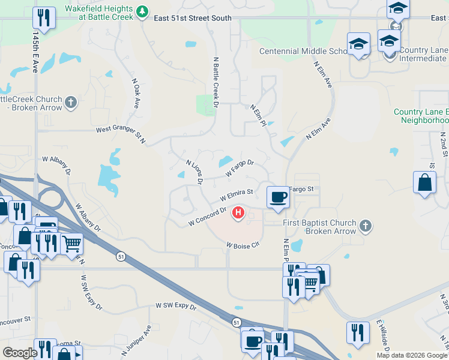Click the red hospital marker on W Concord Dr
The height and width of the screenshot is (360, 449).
239,212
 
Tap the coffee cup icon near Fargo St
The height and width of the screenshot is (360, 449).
279,197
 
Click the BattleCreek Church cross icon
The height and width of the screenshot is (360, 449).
71,102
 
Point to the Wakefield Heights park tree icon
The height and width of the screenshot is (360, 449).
142,11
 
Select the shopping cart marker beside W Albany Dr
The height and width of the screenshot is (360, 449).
71,243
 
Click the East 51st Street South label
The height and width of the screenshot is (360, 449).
193,18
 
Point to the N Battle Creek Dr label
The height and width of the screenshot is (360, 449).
216,82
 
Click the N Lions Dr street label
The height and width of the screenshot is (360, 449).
194,171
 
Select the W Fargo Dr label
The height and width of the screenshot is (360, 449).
240,167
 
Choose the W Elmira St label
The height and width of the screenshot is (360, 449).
237,194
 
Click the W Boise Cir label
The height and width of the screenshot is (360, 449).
242,245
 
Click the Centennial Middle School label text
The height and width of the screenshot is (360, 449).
304,51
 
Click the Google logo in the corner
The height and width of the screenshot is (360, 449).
19,353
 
